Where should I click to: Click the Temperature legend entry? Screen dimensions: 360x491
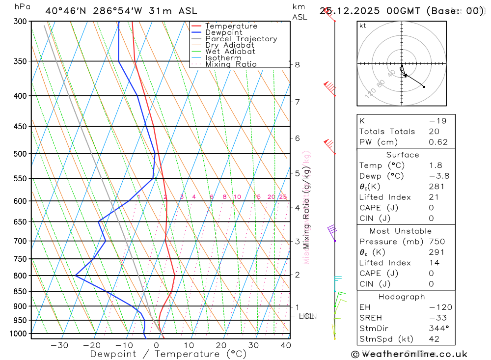(x=231, y=26)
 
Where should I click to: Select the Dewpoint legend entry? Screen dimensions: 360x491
(x=223, y=32)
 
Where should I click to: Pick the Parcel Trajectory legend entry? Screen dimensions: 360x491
(x=241, y=39)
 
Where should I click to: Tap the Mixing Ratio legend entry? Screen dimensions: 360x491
(x=231, y=64)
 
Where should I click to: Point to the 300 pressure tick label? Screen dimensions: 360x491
(x=20, y=22)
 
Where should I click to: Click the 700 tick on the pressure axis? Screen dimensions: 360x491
(x=20, y=241)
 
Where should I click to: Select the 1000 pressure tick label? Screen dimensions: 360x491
(x=18, y=334)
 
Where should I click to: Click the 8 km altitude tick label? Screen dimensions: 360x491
(x=297, y=64)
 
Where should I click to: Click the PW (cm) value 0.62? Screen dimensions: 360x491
(x=438, y=142)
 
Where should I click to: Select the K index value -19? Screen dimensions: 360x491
(x=435, y=121)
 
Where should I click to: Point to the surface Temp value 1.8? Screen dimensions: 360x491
(x=435, y=166)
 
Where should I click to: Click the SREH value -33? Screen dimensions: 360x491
(x=435, y=318)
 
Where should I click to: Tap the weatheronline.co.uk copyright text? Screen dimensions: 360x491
(x=409, y=354)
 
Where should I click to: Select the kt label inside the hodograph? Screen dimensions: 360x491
(x=363, y=26)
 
